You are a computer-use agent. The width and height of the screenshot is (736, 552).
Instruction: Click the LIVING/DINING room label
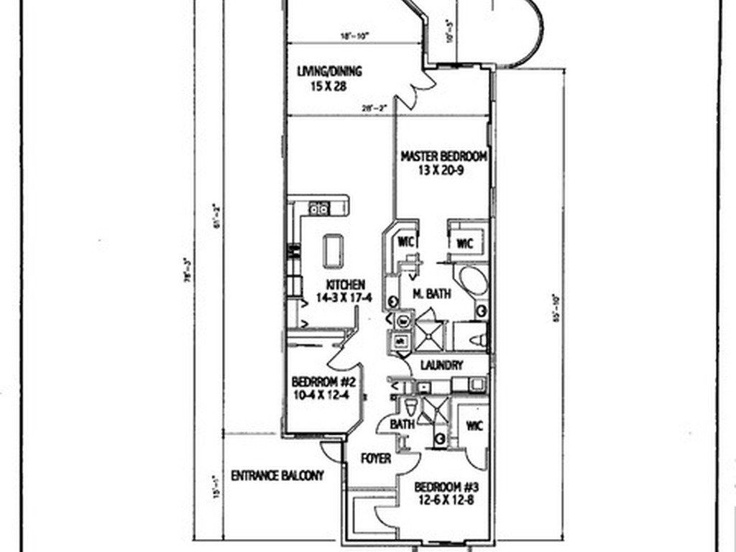(329, 71)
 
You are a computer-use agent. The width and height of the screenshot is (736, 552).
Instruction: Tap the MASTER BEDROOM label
(444, 156)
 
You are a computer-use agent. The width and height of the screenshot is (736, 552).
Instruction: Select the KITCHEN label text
(345, 285)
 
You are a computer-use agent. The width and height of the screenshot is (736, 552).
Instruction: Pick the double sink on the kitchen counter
(318, 208)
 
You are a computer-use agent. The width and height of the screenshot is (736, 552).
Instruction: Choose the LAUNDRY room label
(442, 365)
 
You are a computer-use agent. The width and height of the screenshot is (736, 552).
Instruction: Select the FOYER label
(376, 458)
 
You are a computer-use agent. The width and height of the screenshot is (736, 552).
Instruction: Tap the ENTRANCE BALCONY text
(277, 475)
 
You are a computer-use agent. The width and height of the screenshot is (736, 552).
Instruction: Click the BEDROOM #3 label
(446, 484)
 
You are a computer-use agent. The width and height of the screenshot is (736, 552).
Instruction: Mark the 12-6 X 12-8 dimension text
(446, 497)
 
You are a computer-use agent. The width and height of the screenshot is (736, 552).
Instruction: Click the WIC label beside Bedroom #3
(474, 425)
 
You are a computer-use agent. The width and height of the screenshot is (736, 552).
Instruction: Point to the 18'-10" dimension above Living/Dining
(355, 37)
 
